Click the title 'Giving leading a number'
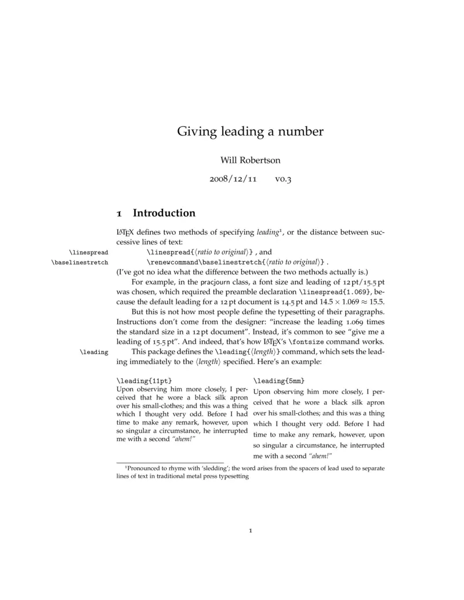[250, 131]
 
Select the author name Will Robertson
[250, 159]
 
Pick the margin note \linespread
[88, 252]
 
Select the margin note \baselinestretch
[80, 262]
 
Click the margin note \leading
[95, 351]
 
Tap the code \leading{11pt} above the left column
[140, 380]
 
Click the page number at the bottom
[250, 530]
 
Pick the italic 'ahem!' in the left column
[182, 439]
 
